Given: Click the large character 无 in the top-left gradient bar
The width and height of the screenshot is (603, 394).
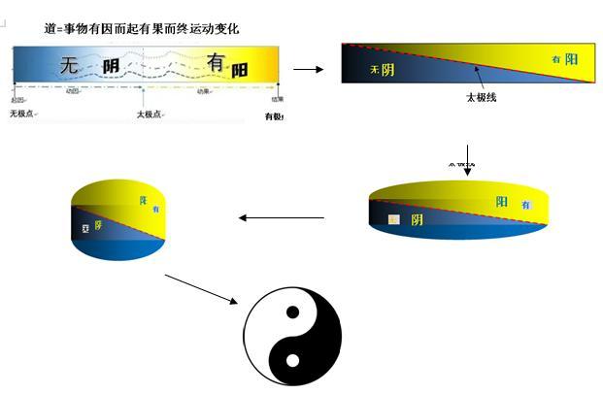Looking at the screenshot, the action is [x=70, y=66].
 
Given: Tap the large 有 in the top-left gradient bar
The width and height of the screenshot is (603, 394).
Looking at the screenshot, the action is [x=216, y=63].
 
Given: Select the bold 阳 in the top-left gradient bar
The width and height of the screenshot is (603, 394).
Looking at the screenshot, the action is [x=240, y=70].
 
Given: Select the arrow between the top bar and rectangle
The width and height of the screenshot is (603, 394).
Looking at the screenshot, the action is [x=309, y=69].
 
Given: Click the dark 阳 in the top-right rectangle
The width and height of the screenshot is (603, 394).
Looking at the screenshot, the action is [x=572, y=59].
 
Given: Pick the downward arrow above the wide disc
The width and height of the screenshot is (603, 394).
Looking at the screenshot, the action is [x=467, y=160].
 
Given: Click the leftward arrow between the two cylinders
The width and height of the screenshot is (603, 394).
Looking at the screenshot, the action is [x=282, y=218].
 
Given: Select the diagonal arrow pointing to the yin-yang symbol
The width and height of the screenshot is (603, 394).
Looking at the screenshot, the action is [x=202, y=289].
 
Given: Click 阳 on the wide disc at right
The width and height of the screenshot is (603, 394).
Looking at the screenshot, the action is [x=502, y=202].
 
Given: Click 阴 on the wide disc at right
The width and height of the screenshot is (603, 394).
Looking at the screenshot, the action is [x=417, y=219].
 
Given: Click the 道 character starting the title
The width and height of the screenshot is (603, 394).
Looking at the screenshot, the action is [x=50, y=30].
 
